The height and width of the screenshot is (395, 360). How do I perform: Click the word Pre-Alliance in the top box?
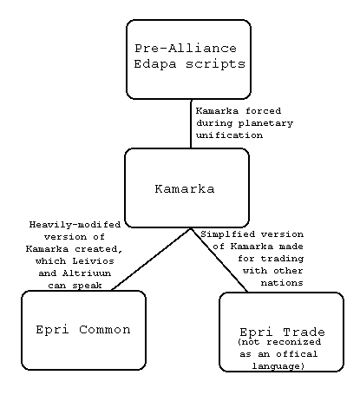[x=186, y=48]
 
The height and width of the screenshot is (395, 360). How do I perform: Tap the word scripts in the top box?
[x=215, y=64]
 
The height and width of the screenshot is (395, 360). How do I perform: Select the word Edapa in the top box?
[x=155, y=64]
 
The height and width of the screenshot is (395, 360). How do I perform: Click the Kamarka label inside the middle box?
[x=185, y=189]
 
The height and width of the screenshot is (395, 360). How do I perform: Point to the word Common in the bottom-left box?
[x=105, y=330]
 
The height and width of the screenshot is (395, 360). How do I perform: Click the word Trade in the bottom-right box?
[x=304, y=332]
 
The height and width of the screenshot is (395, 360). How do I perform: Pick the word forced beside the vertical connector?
[x=264, y=111]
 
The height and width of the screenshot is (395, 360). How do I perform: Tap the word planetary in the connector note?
[x=265, y=123]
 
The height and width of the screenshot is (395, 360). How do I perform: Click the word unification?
[x=229, y=135]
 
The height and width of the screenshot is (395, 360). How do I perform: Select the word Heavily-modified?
[x=75, y=225]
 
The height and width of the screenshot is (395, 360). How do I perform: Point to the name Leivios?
[x=93, y=261]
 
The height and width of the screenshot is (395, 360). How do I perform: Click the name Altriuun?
[x=87, y=273]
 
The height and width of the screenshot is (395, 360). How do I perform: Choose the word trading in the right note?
[x=282, y=259]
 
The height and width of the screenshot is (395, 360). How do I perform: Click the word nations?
[x=282, y=283]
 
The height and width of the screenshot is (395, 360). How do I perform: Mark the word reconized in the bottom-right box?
[x=293, y=342]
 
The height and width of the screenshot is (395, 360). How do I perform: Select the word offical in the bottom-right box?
[x=297, y=354]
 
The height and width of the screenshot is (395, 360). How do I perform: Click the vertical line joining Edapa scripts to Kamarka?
[x=191, y=124]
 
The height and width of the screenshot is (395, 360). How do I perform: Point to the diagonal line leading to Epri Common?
[x=151, y=260]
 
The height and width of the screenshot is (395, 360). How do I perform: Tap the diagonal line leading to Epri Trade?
[x=219, y=260]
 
